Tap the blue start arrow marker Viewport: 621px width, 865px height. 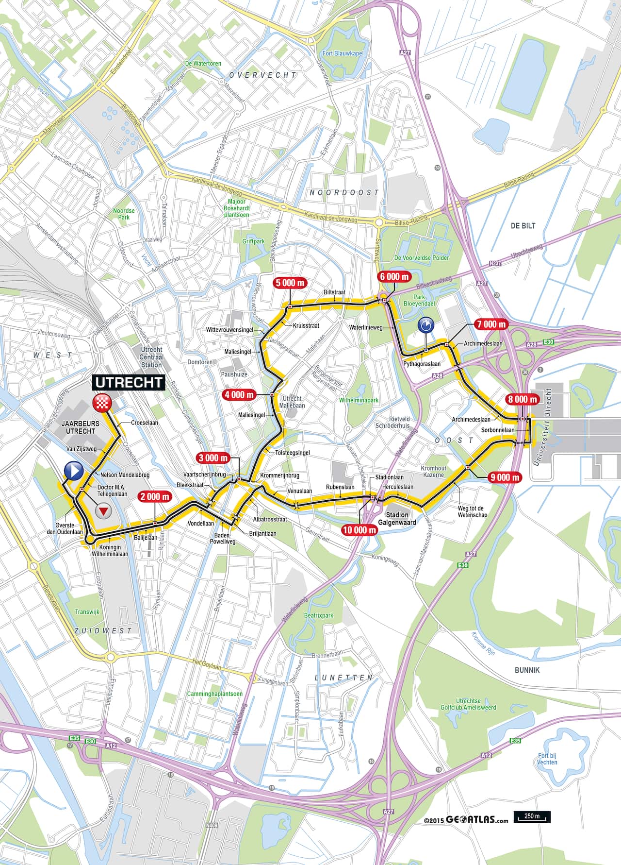[x=74, y=471]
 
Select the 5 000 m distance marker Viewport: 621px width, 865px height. [x=290, y=283]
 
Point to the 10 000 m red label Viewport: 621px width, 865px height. [x=359, y=529]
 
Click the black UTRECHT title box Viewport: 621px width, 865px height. [x=129, y=382]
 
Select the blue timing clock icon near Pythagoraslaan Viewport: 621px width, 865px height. [x=425, y=325]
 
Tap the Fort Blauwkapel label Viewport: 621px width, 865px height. [x=343, y=53]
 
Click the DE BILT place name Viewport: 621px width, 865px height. [x=523, y=226]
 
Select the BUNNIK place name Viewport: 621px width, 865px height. [x=527, y=670]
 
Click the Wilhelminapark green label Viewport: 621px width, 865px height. [x=359, y=400]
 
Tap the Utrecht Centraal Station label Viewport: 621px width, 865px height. [x=151, y=357]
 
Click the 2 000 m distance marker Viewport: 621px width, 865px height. [x=155, y=496]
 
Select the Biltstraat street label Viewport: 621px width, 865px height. [x=334, y=292]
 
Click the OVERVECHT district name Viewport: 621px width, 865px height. [x=262, y=75]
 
